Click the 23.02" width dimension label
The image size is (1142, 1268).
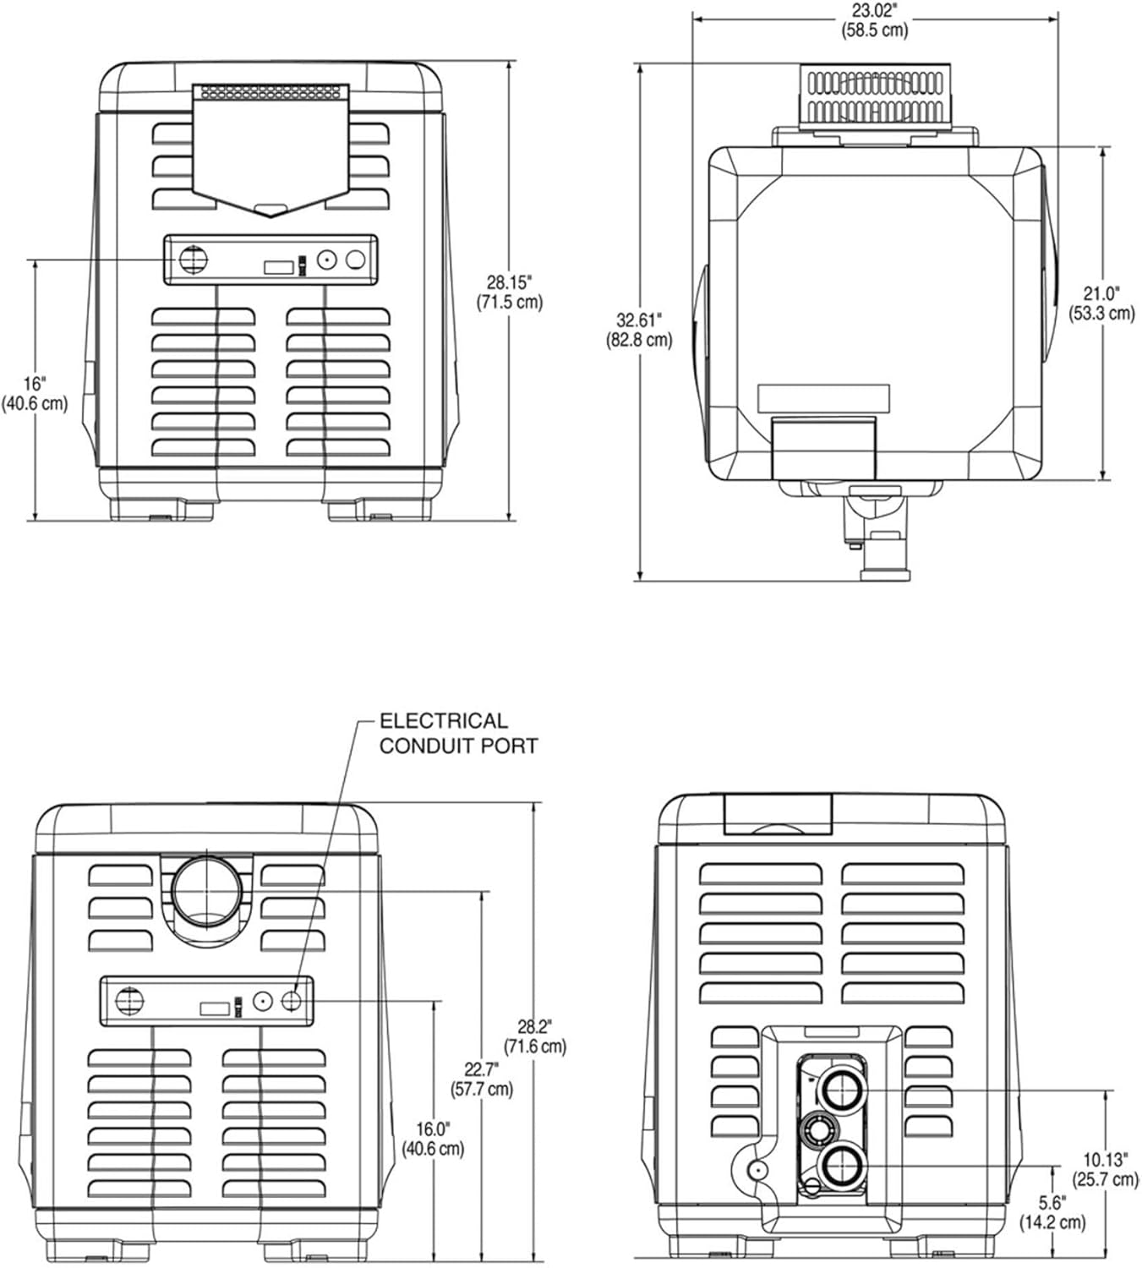(874, 20)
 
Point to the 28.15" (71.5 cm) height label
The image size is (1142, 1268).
(509, 292)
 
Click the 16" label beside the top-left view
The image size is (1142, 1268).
(35, 393)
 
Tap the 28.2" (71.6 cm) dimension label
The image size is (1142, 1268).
(534, 1036)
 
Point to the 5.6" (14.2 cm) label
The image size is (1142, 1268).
(1052, 1211)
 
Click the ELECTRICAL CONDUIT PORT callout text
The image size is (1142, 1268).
(457, 733)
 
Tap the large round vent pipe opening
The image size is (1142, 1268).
(206, 890)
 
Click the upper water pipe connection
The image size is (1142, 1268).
(840, 1090)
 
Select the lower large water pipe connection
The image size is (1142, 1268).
(840, 1167)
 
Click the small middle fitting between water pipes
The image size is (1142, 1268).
(818, 1128)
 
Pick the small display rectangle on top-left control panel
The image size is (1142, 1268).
(278, 267)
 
